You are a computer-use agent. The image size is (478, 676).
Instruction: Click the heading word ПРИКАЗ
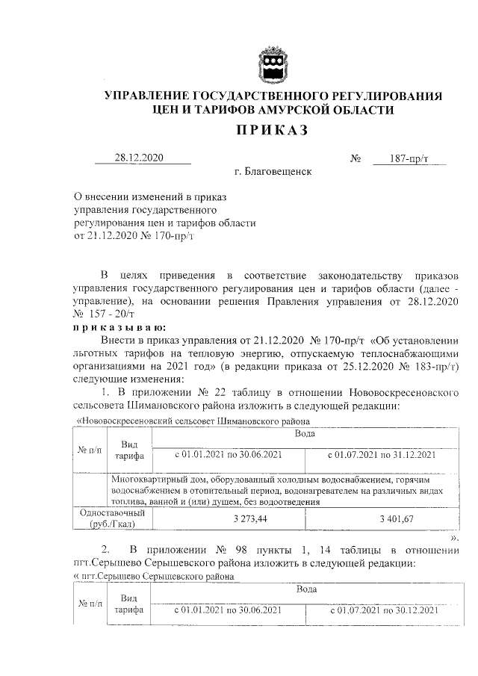273,131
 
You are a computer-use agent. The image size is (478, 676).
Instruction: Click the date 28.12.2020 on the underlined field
138,158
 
